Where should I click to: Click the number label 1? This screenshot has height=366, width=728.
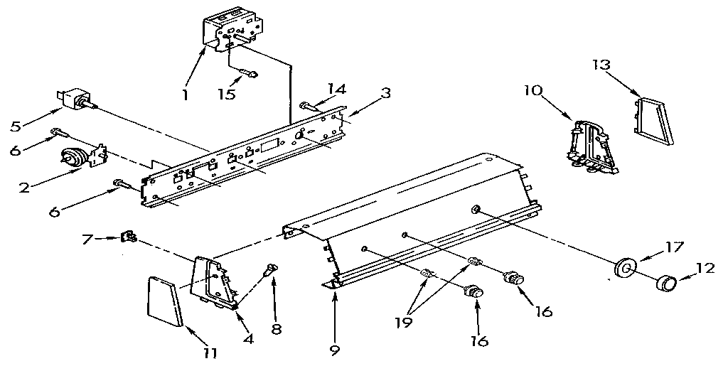pyautogui.click(x=185, y=94)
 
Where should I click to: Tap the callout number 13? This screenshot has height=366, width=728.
pyautogui.click(x=601, y=65)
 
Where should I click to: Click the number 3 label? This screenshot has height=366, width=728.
pyautogui.click(x=385, y=92)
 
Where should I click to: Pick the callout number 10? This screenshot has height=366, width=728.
pyautogui.click(x=534, y=91)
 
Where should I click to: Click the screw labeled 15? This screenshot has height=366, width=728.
pyautogui.click(x=247, y=72)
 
